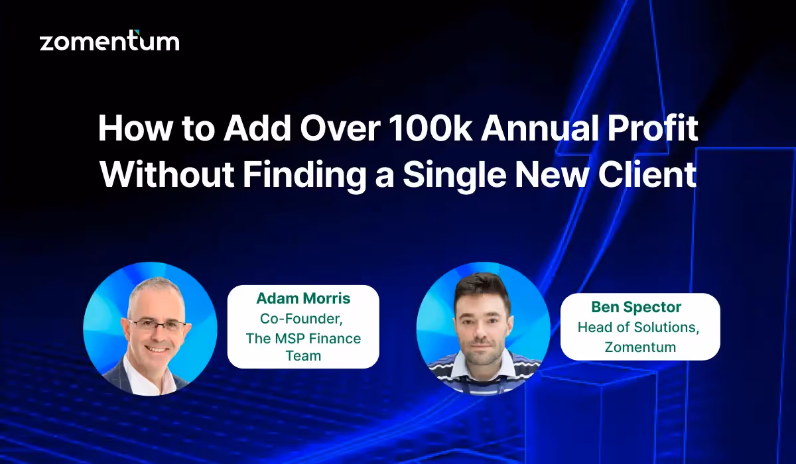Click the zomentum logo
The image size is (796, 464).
coord(109,41)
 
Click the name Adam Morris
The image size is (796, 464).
coord(303,299)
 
